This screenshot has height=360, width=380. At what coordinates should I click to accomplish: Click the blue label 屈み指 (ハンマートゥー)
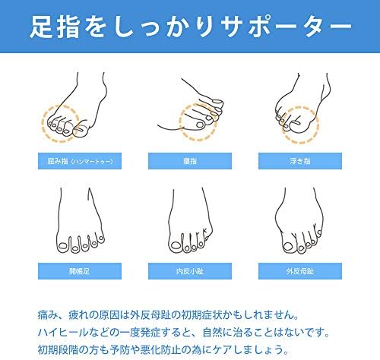(x=80, y=161)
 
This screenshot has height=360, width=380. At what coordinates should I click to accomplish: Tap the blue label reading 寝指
(x=189, y=161)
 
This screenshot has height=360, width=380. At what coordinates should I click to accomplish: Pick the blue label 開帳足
(x=80, y=269)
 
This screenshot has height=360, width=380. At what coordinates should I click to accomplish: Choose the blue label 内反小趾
(x=189, y=269)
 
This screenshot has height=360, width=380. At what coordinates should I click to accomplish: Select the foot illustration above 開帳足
(x=80, y=220)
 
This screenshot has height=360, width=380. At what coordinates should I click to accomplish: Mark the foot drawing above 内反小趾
(x=189, y=220)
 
